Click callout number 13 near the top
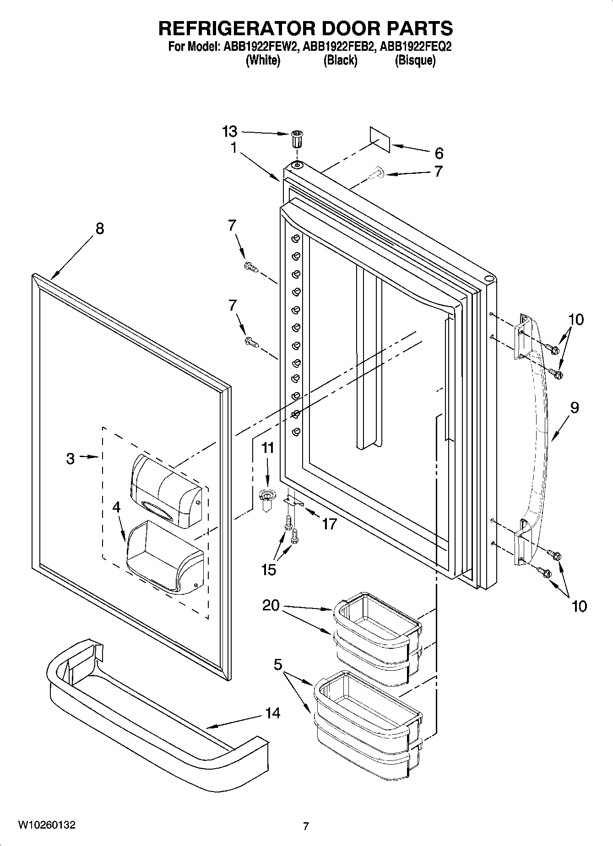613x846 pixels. click(x=229, y=131)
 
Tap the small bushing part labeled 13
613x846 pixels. click(x=297, y=139)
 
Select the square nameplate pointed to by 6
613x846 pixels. click(x=380, y=139)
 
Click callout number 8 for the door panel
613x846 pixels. click(x=99, y=228)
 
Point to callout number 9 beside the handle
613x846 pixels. click(x=575, y=407)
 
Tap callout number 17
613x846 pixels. click(x=329, y=524)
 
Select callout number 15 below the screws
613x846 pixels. click(x=269, y=569)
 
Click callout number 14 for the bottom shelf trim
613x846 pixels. click(x=273, y=713)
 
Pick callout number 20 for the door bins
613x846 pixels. click(x=271, y=605)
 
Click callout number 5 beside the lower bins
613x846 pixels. click(x=278, y=664)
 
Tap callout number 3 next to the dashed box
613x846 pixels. click(x=70, y=458)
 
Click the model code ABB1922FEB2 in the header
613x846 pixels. click(x=338, y=47)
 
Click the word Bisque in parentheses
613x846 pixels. click(x=415, y=60)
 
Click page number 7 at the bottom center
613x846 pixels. click(x=306, y=826)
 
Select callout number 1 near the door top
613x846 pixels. click(x=233, y=148)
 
